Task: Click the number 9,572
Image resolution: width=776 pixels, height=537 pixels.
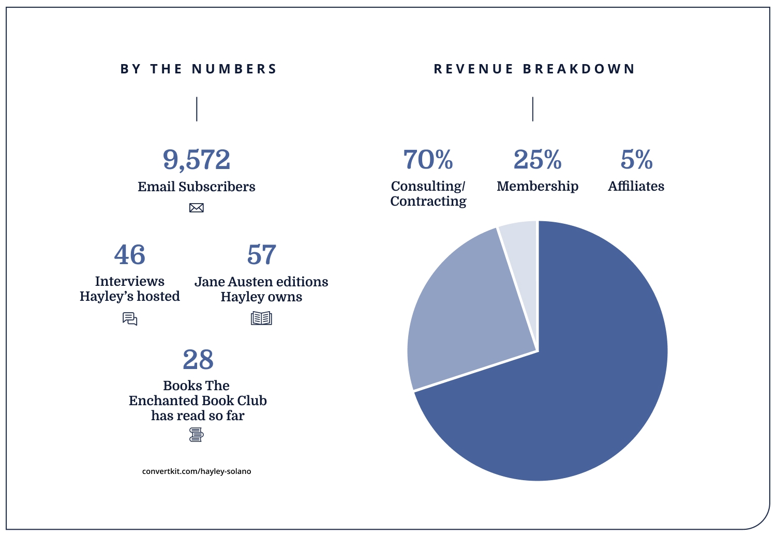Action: [197, 160]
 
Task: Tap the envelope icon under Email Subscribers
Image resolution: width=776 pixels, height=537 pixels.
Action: [197, 208]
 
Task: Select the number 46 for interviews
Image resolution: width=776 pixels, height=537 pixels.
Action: [130, 255]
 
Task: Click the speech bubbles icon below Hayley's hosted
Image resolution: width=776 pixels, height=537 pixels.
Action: [130, 319]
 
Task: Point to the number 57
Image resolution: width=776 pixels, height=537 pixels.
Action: [261, 255]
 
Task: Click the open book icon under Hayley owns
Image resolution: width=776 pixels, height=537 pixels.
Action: [261, 318]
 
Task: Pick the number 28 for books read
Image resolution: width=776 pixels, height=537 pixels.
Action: [198, 360]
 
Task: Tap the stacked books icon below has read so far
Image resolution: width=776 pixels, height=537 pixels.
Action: [197, 435]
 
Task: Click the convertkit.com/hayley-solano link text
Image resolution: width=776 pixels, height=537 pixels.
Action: [197, 471]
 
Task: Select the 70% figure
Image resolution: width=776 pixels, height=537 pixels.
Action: [428, 160]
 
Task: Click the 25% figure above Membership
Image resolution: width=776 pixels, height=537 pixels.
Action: [538, 160]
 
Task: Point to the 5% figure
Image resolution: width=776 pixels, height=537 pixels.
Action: [636, 160]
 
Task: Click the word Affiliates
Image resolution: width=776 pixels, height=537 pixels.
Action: [636, 186]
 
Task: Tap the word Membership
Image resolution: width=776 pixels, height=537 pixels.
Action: [538, 186]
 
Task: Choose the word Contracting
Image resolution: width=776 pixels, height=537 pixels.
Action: [428, 201]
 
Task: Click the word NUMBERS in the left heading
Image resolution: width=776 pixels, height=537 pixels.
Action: [234, 69]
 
